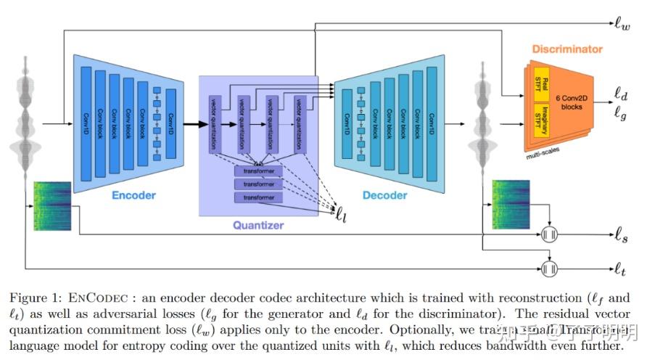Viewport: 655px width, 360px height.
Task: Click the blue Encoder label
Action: pos(133,195)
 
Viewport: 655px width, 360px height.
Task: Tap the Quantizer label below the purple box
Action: pos(258,226)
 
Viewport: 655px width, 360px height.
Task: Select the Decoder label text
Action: pos(384,195)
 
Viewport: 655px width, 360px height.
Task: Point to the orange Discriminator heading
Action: pos(567,49)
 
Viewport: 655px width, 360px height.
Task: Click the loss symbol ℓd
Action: pos(621,94)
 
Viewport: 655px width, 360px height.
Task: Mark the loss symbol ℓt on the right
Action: pos(619,269)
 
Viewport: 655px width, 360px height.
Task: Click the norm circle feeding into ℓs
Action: pos(550,235)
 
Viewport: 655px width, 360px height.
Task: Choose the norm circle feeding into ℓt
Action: pos(550,267)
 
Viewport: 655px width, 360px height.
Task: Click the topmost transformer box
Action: pos(258,171)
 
